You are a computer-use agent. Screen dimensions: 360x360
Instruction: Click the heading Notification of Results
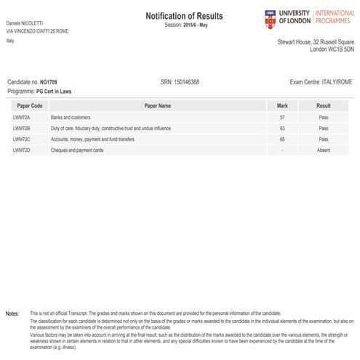(184, 15)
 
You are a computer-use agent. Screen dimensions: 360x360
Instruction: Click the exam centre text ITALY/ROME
(336, 83)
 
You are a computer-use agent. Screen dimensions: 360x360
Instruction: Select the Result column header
(324, 105)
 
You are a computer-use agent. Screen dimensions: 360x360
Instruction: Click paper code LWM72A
(22, 116)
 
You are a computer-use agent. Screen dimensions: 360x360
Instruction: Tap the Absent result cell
(324, 150)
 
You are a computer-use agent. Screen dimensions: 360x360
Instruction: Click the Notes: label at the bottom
(12, 313)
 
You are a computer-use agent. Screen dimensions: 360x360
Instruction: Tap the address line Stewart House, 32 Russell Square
(316, 41)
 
